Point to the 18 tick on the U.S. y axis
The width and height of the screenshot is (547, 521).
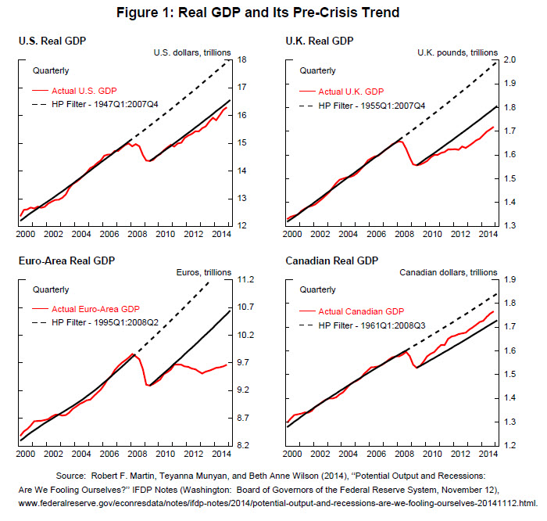[242, 60]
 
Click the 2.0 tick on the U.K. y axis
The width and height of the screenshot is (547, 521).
[511, 60]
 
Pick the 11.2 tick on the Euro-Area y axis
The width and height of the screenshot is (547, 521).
[245, 279]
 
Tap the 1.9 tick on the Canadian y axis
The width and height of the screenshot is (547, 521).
[511, 279]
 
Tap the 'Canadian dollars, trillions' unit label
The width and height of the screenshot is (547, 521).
[449, 273]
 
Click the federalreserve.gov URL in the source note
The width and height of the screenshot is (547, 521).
[273, 501]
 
